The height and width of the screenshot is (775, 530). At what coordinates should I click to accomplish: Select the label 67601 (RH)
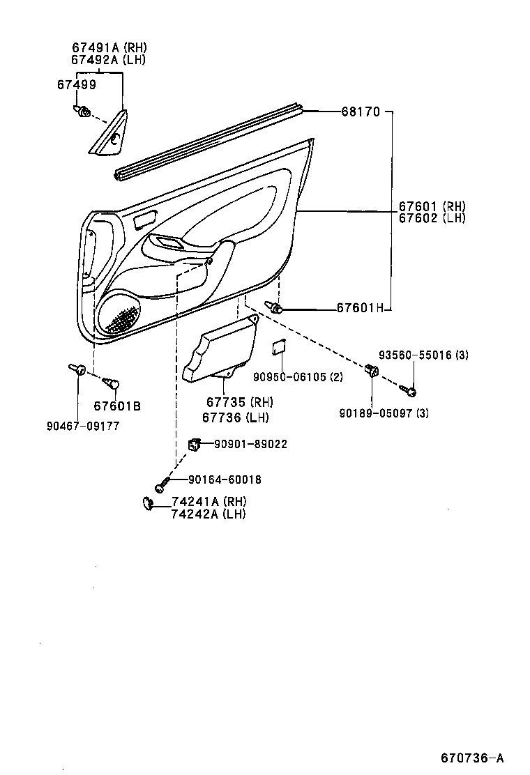(x=432, y=206)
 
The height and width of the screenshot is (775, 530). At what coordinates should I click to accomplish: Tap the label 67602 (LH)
(x=432, y=218)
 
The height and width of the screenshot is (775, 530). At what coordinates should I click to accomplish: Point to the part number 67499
(x=77, y=84)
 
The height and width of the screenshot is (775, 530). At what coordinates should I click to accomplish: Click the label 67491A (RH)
(x=109, y=47)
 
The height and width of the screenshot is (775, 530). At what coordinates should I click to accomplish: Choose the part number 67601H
(x=360, y=307)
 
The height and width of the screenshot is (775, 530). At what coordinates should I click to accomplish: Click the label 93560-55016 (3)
(x=423, y=355)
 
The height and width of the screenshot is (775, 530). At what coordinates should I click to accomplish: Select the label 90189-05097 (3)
(x=384, y=413)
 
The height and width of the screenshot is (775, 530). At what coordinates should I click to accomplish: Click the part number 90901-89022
(x=250, y=444)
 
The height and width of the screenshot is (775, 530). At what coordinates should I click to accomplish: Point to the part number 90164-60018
(x=225, y=479)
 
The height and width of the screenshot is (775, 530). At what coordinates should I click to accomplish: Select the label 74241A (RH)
(x=209, y=502)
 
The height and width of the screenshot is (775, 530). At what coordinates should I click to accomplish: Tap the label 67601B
(x=117, y=406)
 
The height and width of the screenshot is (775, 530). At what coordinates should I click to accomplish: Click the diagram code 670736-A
(x=471, y=758)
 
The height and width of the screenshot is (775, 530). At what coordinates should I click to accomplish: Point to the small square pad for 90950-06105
(x=279, y=346)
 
